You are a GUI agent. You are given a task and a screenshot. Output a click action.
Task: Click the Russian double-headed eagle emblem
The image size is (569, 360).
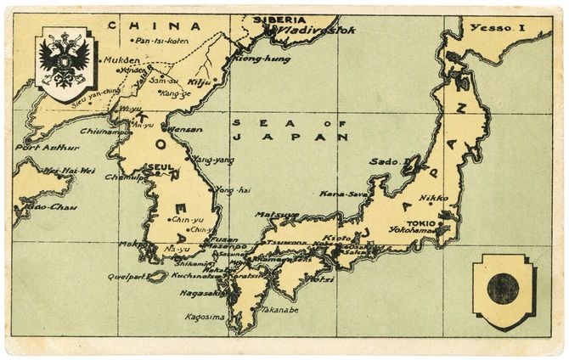pyautogui.click(x=65, y=62)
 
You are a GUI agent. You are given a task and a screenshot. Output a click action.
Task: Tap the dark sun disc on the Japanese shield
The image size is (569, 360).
pyautogui.click(x=503, y=289)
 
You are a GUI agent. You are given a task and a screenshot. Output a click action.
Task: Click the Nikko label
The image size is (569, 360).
pyautogui.click(x=433, y=197)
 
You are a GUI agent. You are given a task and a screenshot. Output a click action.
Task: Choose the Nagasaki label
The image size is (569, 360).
pyautogui.click(x=200, y=293)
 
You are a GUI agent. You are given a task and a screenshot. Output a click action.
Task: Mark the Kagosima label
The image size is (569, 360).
pyautogui.click(x=204, y=317)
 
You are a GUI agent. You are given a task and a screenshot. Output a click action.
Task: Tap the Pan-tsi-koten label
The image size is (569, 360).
pyautogui.click(x=161, y=40)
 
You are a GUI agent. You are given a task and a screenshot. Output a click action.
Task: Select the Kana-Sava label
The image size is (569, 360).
pyautogui.click(x=343, y=194)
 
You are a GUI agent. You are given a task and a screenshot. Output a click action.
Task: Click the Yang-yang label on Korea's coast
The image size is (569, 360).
pyautogui.click(x=215, y=159)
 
